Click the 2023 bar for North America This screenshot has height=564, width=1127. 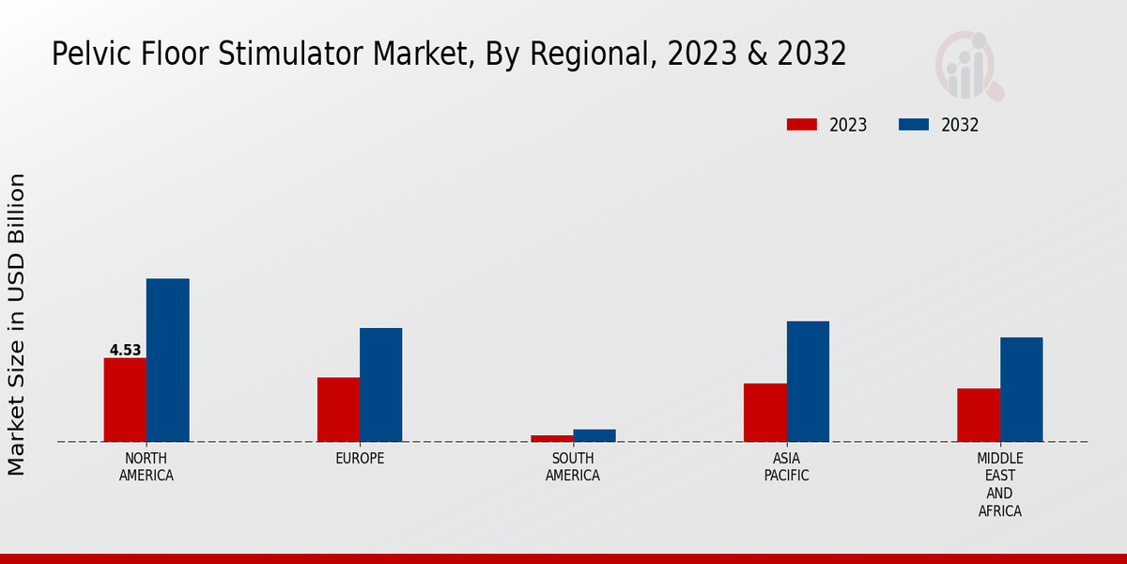pos(125,399)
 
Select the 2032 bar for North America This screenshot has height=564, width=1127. pos(167,360)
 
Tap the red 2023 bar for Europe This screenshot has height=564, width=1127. pos(338,409)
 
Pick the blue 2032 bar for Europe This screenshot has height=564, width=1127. pos(380,384)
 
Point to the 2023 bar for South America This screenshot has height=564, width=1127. pos(551,438)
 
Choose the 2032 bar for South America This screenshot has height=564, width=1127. pos(594,435)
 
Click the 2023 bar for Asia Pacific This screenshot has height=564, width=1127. pos(764,412)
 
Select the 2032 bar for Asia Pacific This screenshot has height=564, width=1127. pos(808,381)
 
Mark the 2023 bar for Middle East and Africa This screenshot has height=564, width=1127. pos(979,415)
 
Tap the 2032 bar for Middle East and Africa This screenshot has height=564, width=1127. pos(1021,389)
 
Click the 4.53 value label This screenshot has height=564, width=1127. pos(125,351)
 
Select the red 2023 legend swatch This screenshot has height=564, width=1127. pos(802,125)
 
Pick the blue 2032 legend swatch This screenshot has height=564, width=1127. pos(914,125)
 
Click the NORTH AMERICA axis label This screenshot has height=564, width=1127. pos(147,467)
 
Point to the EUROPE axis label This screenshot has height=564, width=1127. pos(360,459)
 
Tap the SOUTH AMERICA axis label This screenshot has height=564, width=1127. pos(573,467)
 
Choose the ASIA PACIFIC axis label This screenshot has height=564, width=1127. pos(786,467)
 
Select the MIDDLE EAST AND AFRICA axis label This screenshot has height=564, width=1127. pos(999,485)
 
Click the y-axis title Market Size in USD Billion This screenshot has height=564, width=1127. pos(17,324)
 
